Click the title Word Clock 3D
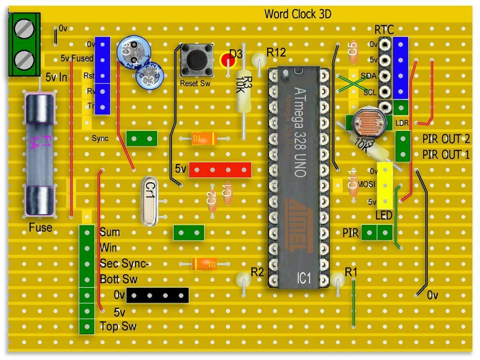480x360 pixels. (298, 14)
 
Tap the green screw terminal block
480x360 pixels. (24, 45)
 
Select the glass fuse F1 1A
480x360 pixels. (39, 155)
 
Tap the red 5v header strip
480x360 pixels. (220, 170)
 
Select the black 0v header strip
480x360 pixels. (157, 295)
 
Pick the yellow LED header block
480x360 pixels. (384, 186)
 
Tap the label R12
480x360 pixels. (276, 52)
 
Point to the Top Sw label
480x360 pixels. (118, 327)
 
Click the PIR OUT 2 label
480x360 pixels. (446, 139)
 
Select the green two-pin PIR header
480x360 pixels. (377, 232)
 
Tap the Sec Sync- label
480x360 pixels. (124, 263)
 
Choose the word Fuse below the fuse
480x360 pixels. (40, 228)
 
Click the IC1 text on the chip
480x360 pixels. (304, 277)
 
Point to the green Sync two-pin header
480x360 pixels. (142, 138)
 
